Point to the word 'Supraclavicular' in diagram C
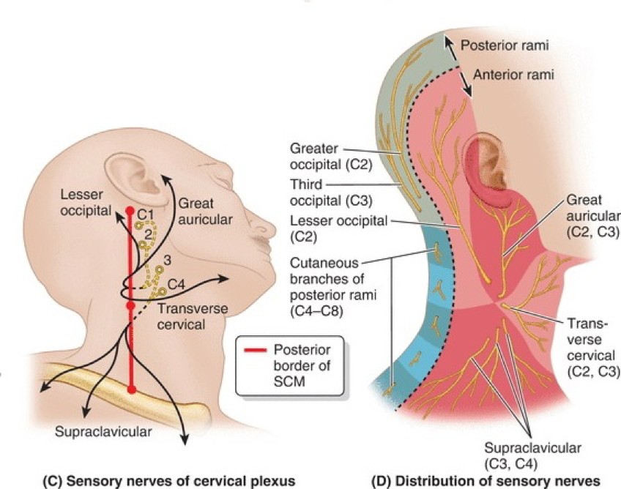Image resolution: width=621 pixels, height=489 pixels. [103, 432]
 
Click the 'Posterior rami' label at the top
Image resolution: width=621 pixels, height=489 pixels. [506, 45]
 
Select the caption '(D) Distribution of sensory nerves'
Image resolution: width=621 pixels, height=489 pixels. [486, 480]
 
